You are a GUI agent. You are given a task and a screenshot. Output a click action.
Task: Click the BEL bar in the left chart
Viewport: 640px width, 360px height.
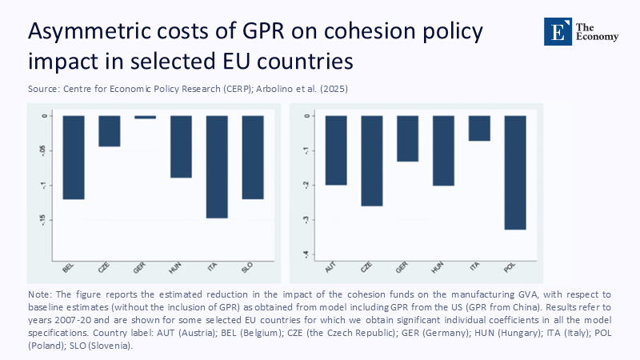[x=74, y=157]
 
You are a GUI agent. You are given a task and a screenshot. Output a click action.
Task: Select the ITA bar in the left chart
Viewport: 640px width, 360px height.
[x=217, y=166]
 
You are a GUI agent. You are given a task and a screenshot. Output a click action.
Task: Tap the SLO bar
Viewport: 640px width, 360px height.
[x=253, y=157]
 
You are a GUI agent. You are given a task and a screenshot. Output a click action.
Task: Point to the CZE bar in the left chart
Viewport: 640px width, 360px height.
[x=110, y=131]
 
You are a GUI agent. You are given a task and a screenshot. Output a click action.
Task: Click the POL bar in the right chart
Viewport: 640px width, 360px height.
[x=515, y=173]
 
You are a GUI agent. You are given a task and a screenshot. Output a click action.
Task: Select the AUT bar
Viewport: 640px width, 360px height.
[x=336, y=150]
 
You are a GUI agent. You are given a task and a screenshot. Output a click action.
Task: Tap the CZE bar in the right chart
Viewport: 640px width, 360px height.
[x=372, y=161]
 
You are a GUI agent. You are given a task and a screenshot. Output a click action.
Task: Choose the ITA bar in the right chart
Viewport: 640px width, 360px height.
[x=479, y=128]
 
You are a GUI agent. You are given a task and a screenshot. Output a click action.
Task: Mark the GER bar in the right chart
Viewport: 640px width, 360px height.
[x=407, y=138]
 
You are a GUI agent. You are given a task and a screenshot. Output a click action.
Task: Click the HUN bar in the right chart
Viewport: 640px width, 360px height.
[x=443, y=150]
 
